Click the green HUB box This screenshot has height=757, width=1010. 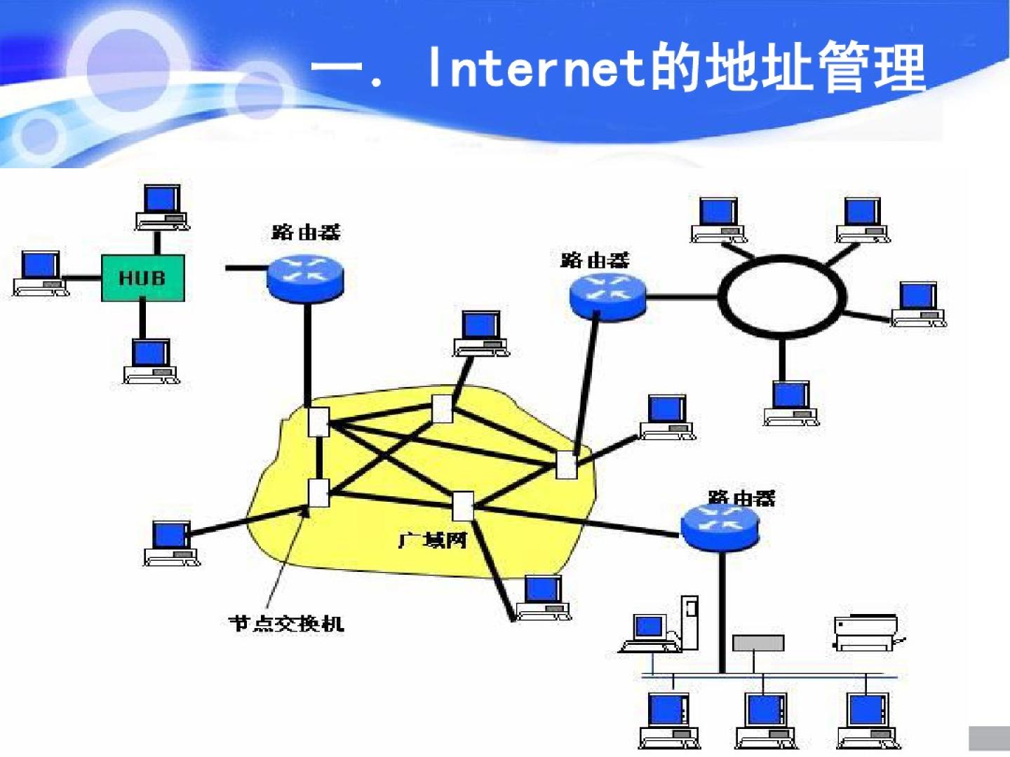[142, 278]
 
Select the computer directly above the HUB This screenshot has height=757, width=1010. [162, 207]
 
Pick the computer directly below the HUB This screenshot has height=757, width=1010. [151, 361]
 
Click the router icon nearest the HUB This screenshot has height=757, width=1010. [305, 277]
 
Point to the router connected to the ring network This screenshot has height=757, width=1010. [607, 295]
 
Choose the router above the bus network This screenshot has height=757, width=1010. [720, 527]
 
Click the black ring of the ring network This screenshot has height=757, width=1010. [781, 296]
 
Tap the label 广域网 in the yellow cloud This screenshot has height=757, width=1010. [432, 540]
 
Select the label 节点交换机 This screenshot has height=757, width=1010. [286, 623]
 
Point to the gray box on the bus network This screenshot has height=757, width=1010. [757, 643]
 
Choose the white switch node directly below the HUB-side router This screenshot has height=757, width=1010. [318, 421]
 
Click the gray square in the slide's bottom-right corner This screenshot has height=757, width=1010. [988, 739]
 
